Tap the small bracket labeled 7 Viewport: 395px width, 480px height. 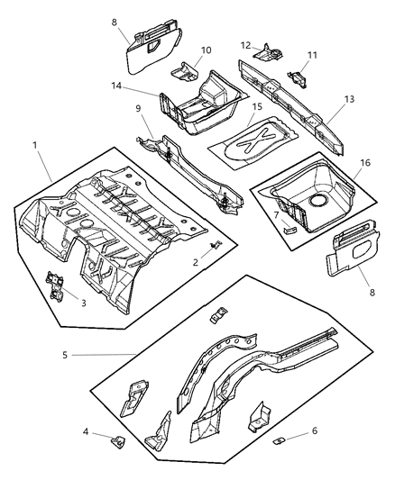click(x=289, y=229)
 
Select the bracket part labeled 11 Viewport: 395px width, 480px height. click(x=293, y=78)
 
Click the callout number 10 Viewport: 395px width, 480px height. click(x=206, y=50)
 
